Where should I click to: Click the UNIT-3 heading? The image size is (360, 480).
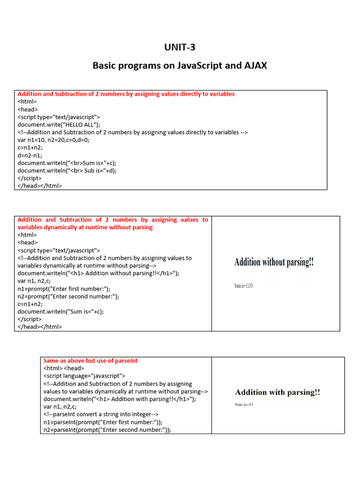180,47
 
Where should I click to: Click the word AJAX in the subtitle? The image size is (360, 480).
254,66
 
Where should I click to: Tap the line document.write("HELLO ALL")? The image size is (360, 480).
59,124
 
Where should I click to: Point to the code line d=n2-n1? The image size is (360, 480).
30,155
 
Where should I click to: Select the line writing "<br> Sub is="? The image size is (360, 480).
67,170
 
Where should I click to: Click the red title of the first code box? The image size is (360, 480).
126,94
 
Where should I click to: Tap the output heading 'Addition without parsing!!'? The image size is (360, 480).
274,262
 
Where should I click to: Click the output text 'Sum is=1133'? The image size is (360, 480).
243,285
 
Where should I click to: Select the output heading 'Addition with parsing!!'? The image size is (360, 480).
277,392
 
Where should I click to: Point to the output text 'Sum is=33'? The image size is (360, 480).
244,405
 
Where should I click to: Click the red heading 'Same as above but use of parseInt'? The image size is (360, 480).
90,360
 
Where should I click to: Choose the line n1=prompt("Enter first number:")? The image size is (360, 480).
64,289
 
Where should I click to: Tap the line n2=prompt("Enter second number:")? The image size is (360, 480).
68,296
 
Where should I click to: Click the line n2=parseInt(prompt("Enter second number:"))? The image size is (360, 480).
107,429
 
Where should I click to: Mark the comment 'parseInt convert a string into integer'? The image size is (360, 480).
101,414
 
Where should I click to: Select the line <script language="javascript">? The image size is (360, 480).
84,376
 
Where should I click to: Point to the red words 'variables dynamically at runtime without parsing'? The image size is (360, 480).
85,227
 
